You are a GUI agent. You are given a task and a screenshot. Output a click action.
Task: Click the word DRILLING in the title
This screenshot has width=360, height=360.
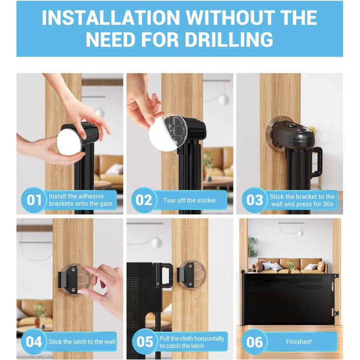[x=229, y=40]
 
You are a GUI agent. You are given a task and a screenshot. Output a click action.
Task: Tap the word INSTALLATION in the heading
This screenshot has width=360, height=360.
[x=111, y=17]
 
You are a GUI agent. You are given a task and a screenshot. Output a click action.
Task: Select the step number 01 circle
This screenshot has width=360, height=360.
[x=34, y=200]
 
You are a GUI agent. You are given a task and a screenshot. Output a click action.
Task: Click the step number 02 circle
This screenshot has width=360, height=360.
[x=144, y=200]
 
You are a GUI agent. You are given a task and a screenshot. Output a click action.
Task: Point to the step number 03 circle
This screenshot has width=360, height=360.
[x=255, y=200]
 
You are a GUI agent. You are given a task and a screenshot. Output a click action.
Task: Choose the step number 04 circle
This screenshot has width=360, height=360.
[x=34, y=341]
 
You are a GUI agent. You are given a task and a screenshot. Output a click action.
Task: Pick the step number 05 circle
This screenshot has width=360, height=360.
[x=145, y=341]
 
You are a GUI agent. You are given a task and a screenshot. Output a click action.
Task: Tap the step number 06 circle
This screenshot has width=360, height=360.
[x=255, y=341]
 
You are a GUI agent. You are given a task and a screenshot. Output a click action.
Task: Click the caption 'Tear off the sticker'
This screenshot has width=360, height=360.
[x=190, y=201]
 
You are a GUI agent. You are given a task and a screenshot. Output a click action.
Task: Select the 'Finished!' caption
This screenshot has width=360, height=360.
[x=299, y=341]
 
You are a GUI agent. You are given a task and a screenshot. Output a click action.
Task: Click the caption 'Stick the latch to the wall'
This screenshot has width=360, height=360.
[x=82, y=341]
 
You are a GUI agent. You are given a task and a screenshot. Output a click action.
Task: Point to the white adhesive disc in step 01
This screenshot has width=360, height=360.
[x=69, y=141]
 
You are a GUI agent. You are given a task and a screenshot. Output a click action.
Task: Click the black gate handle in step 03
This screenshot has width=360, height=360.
[x=316, y=162]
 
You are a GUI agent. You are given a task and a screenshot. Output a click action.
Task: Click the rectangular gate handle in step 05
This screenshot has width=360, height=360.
[x=165, y=275]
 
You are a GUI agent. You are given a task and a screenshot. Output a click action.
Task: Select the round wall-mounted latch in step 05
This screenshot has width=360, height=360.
[x=191, y=275]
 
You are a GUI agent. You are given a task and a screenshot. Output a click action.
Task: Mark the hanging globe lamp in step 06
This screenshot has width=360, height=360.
[x=300, y=233]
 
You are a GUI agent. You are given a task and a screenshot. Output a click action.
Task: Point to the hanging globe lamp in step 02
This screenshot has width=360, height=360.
[x=224, y=100]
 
